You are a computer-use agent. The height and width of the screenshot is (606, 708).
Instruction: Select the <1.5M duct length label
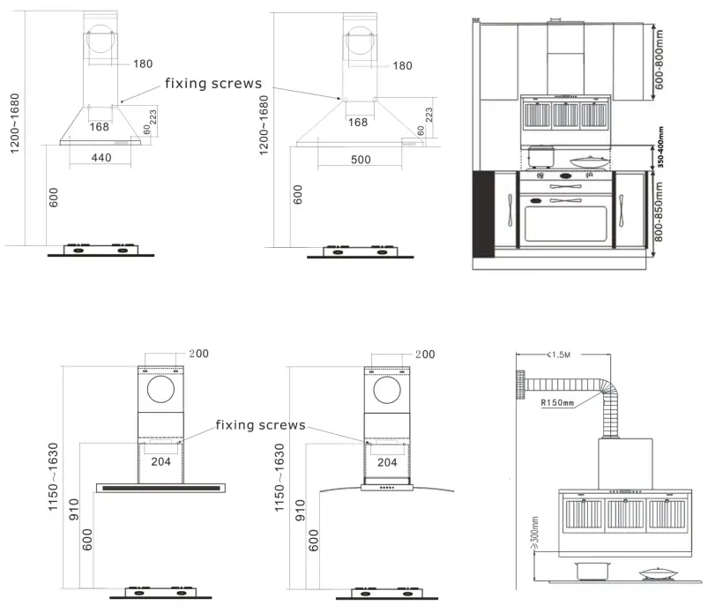(559, 355)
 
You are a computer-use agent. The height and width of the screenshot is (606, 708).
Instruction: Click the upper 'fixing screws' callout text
(213, 84)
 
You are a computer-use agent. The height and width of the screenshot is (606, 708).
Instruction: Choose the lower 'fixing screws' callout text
(260, 425)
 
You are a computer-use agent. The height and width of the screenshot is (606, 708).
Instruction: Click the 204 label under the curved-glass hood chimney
(387, 461)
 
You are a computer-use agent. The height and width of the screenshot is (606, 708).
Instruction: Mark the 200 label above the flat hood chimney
(199, 354)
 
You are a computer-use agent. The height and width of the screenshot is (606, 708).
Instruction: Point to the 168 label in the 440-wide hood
(101, 126)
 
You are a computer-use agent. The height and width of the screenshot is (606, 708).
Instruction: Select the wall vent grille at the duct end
(522, 383)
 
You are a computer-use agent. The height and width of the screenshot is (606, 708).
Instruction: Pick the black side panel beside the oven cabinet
(484, 214)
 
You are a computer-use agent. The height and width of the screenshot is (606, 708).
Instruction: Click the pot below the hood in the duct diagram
(587, 571)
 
